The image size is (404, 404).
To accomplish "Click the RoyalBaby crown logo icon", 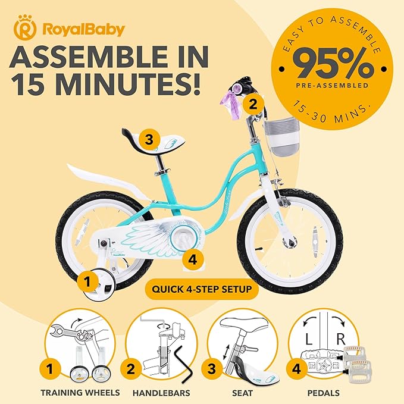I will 24,28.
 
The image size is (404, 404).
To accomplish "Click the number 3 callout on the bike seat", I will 149,140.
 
